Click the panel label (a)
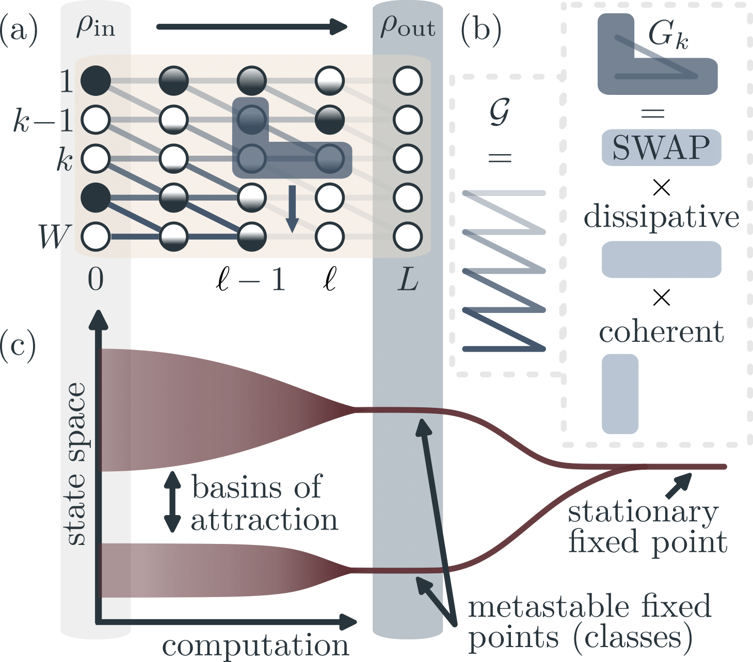[x=19, y=30]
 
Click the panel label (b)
[x=480, y=30]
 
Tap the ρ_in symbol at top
[x=96, y=26]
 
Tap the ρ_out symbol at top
[x=408, y=26]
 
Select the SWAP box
[x=661, y=148]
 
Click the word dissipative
[x=661, y=217]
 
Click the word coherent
[x=661, y=332]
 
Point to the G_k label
[x=668, y=36]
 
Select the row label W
[x=53, y=237]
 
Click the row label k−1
[x=43, y=121]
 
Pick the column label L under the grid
[x=408, y=280]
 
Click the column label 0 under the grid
[x=96, y=280]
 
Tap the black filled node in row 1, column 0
[x=96, y=81]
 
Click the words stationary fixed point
[x=647, y=527]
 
